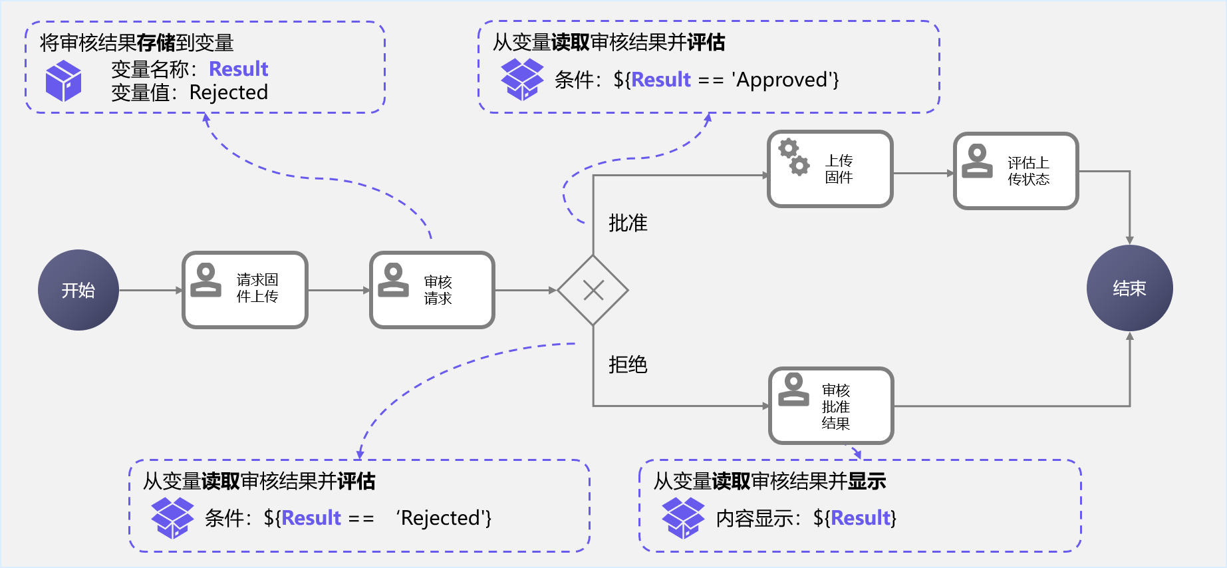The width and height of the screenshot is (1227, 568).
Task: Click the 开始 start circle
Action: click(78, 290)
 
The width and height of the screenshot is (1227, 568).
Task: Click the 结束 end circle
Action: click(1129, 288)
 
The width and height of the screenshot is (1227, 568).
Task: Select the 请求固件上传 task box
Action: click(245, 290)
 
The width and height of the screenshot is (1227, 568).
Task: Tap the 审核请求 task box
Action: click(432, 290)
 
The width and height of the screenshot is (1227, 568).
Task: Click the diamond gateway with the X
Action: click(593, 290)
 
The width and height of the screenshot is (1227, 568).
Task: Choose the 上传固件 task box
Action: click(830, 169)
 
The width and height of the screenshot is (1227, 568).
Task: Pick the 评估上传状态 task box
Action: click(1016, 171)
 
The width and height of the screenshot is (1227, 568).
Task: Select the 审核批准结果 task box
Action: click(831, 406)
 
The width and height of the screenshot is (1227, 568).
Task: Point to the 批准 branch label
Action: click(628, 223)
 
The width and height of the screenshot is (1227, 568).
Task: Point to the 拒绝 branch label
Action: click(628, 364)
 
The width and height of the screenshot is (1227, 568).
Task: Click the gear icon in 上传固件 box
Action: click(794, 157)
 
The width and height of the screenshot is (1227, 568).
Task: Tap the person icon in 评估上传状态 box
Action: click(977, 161)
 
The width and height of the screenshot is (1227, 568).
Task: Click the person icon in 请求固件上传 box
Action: click(205, 280)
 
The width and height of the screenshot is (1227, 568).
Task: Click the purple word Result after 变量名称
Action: click(238, 69)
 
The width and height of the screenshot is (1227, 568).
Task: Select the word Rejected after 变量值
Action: click(228, 92)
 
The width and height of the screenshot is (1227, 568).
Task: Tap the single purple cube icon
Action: click(63, 80)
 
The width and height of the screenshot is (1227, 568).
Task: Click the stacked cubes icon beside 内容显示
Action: click(683, 517)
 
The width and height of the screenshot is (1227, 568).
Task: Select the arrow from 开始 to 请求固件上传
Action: click(150, 290)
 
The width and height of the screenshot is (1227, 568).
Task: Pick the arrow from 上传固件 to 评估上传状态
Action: click(923, 173)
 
